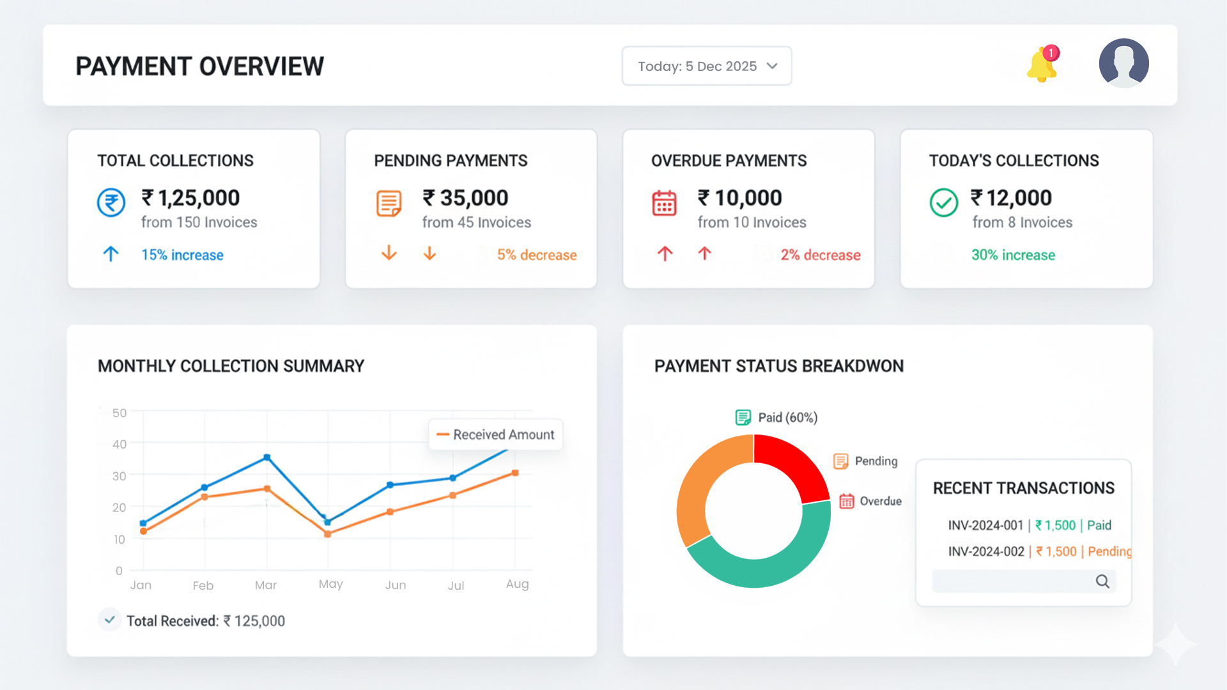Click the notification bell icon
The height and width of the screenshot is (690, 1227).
(x=1042, y=65)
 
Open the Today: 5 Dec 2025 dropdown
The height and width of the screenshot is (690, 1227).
(x=706, y=66)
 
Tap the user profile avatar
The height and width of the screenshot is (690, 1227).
(x=1123, y=63)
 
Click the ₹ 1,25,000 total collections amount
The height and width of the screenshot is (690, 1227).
(x=190, y=198)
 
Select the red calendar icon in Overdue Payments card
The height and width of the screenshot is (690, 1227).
(x=664, y=204)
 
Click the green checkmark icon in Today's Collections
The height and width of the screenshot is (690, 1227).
(x=943, y=203)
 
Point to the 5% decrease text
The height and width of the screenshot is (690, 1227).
(x=536, y=255)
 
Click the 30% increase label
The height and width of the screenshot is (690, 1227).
(x=1013, y=255)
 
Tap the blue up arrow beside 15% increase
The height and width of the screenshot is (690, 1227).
(x=111, y=254)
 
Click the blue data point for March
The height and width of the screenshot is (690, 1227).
(x=266, y=457)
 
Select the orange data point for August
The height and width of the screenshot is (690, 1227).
(x=515, y=473)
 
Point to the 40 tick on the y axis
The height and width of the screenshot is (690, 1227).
(x=120, y=444)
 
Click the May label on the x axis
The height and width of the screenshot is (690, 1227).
(x=330, y=584)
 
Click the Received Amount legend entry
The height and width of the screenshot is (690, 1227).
(x=496, y=434)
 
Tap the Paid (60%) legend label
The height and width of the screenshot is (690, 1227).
(x=787, y=418)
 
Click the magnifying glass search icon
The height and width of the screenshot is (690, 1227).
(x=1102, y=581)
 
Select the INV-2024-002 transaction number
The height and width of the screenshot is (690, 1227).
(x=985, y=551)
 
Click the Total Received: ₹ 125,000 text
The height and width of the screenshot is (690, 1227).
(x=205, y=621)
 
